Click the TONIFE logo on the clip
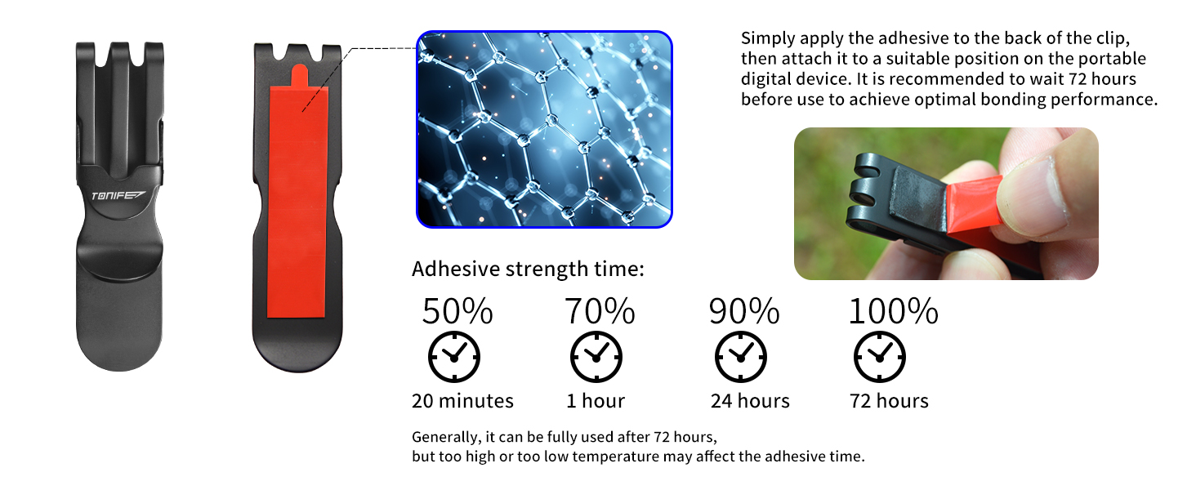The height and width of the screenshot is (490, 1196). (118, 195)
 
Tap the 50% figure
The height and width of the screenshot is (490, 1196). (457, 311)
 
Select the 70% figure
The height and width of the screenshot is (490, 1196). (600, 311)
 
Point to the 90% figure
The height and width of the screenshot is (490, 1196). (744, 311)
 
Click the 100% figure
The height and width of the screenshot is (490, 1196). (894, 311)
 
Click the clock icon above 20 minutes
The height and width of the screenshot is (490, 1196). (454, 357)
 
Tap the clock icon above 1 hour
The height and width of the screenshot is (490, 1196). (596, 357)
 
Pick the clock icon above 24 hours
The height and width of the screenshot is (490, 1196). (741, 357)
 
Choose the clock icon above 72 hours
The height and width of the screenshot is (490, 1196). (879, 357)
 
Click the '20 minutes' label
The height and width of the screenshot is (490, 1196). (462, 401)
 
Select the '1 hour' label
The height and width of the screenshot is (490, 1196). (596, 401)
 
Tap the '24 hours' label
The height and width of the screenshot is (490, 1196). (750, 401)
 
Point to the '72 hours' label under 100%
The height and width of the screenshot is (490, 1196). (889, 401)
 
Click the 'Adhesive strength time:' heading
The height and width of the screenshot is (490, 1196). (528, 269)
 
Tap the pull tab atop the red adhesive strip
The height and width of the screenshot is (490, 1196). (300, 75)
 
